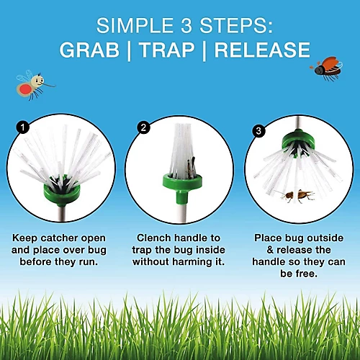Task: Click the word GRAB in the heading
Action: [89, 50]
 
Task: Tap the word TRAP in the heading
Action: [167, 50]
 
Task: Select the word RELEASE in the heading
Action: [262, 50]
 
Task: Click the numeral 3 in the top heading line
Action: [186, 25]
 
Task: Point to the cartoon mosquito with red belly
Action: [34, 84]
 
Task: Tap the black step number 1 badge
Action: [23, 127]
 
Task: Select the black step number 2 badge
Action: [143, 127]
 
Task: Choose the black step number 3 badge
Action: [258, 131]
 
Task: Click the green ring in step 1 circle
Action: [61, 192]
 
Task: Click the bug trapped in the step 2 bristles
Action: [192, 167]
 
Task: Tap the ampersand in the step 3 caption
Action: [270, 250]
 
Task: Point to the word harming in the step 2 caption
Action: [191, 261]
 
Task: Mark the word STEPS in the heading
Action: [236, 25]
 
